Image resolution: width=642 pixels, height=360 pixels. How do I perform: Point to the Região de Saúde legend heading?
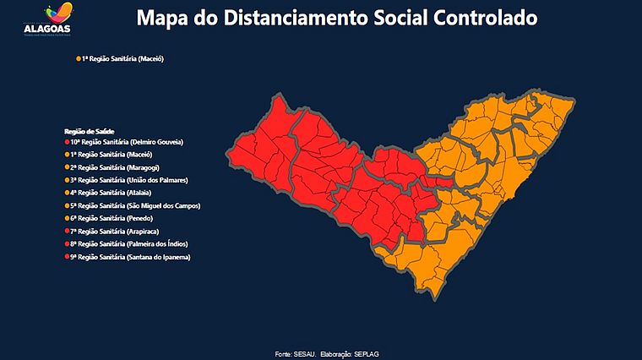coord(89,131)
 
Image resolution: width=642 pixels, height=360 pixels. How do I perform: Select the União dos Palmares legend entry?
coord(128,180)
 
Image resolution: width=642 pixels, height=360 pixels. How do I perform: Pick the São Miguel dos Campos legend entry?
coord(135,205)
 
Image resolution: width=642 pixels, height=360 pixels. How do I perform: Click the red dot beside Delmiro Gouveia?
coord(67,142)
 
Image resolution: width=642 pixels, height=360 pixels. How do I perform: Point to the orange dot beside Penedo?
coord(67,218)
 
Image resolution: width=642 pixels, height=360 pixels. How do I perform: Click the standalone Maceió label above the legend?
coord(122,59)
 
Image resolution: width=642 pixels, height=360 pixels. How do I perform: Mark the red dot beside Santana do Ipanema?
coord(67,256)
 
